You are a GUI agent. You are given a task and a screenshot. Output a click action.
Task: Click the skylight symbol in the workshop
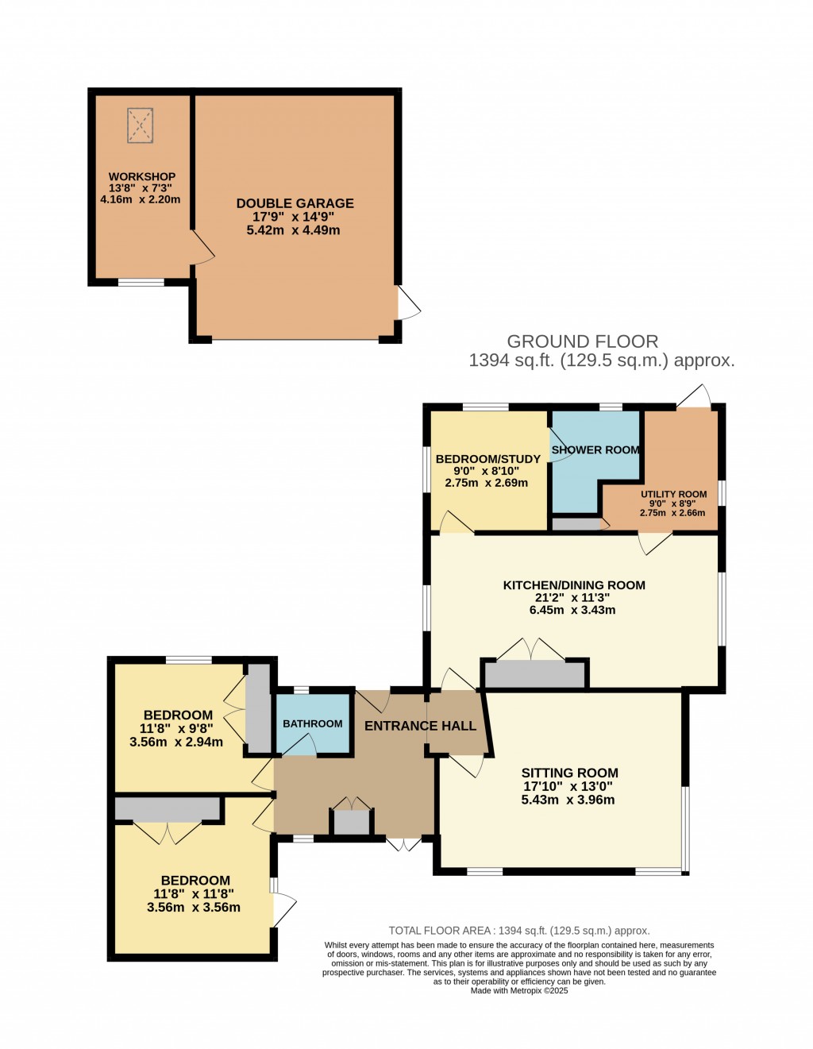pyautogui.click(x=140, y=125)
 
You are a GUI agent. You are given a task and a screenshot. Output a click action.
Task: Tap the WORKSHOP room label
pyautogui.click(x=142, y=176)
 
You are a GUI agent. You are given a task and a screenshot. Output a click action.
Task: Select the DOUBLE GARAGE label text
pyautogui.click(x=295, y=203)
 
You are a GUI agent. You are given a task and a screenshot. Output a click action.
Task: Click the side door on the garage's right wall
pyautogui.click(x=407, y=303)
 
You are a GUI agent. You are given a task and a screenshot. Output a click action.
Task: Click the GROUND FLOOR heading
pyautogui.click(x=582, y=341)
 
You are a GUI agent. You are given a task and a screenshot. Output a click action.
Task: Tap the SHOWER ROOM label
pyautogui.click(x=595, y=449)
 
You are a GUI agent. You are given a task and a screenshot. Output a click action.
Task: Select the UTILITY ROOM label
pyautogui.click(x=673, y=494)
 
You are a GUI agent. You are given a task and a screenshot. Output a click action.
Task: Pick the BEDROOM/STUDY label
pyautogui.click(x=487, y=459)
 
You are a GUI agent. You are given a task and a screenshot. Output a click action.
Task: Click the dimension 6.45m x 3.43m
pyautogui.click(x=572, y=610)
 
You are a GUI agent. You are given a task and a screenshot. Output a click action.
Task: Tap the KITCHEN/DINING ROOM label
pyautogui.click(x=574, y=585)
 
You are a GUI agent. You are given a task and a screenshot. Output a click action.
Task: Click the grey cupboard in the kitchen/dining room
pyautogui.click(x=534, y=675)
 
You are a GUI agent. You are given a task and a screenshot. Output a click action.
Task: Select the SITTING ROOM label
pyautogui.click(x=569, y=773)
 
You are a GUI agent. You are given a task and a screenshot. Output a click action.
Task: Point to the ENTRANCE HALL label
pyautogui.click(x=420, y=726)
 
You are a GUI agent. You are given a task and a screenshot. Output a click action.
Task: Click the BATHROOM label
pyautogui.click(x=313, y=723)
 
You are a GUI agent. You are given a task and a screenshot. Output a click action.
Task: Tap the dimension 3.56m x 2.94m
pyautogui.click(x=176, y=742)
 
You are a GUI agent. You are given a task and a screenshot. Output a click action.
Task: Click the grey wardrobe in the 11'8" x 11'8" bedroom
pyautogui.click(x=167, y=809)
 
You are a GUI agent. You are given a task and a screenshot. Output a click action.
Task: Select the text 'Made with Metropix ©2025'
pyautogui.click(x=519, y=990)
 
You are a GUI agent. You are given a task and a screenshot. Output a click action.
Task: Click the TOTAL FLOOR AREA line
pyautogui.click(x=519, y=931)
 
